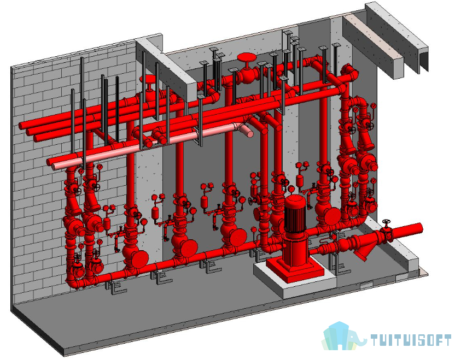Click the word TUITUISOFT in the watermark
(x=411, y=340)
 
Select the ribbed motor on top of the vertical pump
(x=295, y=214)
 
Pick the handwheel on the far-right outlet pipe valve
(x=386, y=222)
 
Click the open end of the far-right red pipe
(x=419, y=228)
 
